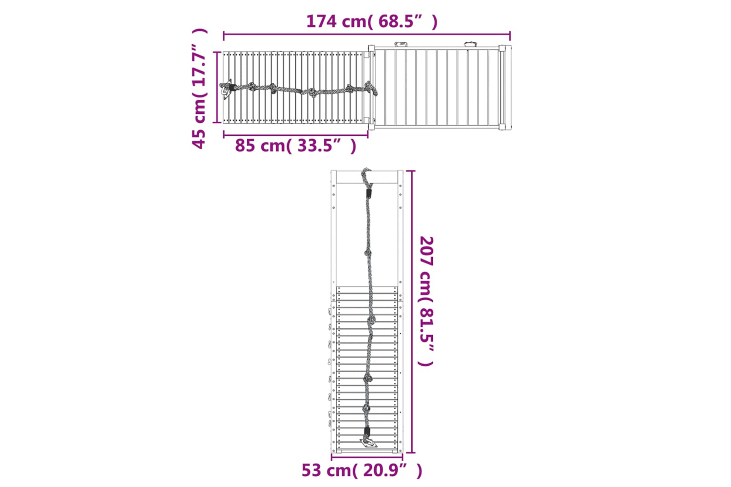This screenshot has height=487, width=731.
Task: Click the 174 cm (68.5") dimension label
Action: point(372,22)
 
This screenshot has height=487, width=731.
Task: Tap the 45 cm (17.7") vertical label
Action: point(199,89)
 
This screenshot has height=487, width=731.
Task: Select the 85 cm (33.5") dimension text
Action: point(296,146)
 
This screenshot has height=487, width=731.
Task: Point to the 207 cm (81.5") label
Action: point(426,301)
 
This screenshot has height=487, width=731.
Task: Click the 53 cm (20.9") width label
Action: point(362,470)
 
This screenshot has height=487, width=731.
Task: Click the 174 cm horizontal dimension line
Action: point(367,34)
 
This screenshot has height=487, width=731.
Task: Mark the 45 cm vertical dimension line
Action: point(217,87)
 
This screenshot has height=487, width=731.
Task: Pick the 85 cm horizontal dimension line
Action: point(296,134)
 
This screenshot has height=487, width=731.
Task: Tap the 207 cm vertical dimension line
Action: point(411,312)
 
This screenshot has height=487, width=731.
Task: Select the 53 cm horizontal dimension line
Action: point(367,457)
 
